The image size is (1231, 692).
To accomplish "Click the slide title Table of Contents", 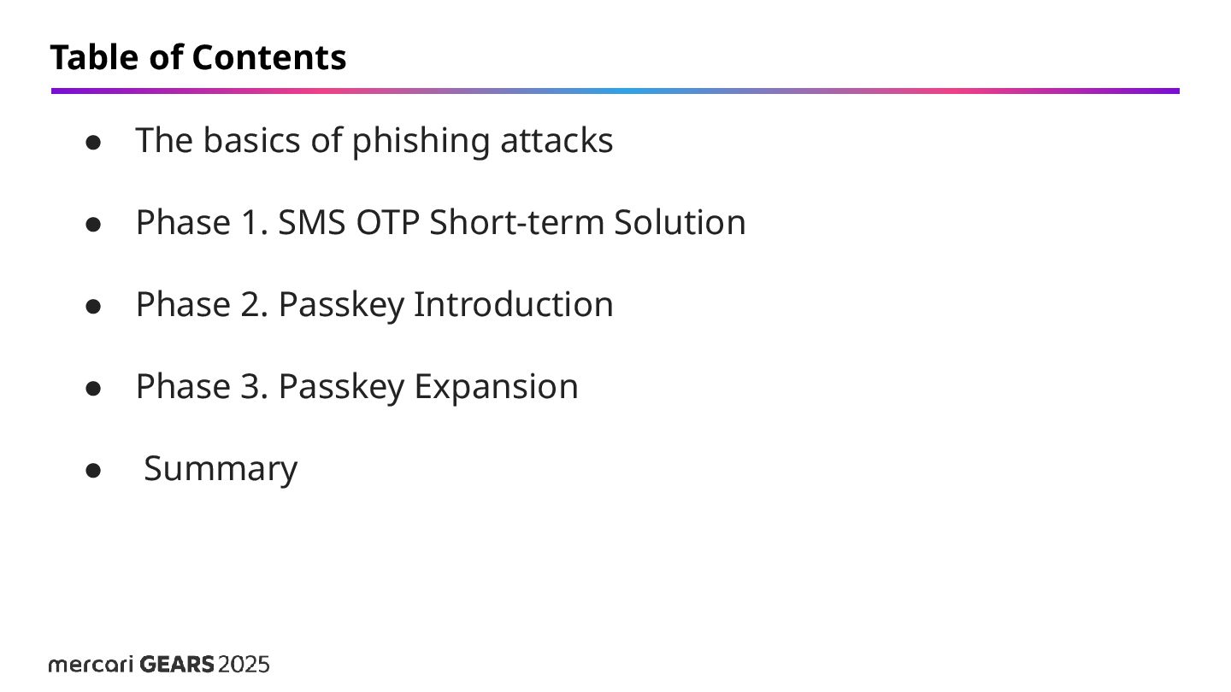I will [197, 58].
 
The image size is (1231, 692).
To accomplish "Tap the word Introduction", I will [513, 305].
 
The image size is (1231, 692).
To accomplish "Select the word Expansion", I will [496, 387].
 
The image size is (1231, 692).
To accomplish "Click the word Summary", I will [221, 469].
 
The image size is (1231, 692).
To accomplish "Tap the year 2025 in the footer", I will [244, 665].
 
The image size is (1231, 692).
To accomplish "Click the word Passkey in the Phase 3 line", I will [341, 387].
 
